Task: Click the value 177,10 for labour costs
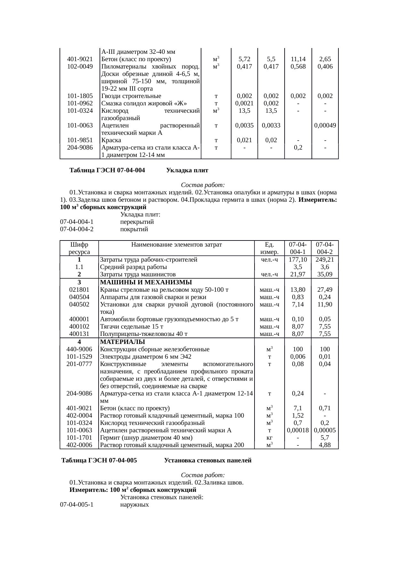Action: tap(298, 260)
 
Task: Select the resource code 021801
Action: tap(79, 289)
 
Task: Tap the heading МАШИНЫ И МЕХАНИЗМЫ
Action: tap(146, 282)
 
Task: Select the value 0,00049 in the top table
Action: tap(325, 126)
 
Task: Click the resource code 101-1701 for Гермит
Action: tap(79, 437)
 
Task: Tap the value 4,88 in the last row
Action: tap(325, 445)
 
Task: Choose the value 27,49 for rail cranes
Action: tap(325, 289)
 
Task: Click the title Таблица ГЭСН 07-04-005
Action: tap(99, 460)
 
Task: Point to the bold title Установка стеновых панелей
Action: tap(207, 460)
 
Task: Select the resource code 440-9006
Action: tap(79, 349)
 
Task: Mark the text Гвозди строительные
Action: tap(131, 96)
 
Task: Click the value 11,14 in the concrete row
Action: tap(298, 59)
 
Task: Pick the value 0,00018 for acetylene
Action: tap(298, 430)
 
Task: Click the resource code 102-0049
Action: tap(80, 67)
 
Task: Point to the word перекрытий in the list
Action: tap(137, 222)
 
